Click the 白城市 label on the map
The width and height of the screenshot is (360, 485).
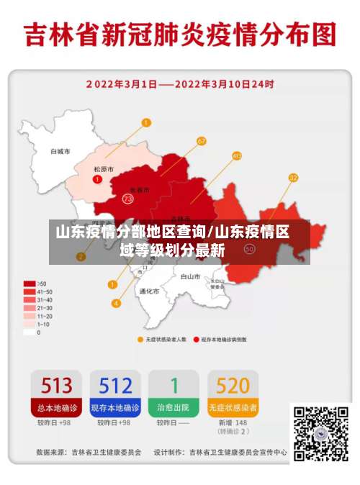click(60, 152)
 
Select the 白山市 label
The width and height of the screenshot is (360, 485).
click(190, 276)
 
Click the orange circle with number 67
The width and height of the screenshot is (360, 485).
click(201, 141)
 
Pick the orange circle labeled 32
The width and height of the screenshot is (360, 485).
click(293, 177)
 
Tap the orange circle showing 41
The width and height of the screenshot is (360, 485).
click(237, 155)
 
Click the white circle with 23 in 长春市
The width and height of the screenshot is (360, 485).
click(128, 198)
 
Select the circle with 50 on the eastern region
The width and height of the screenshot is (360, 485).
click(250, 249)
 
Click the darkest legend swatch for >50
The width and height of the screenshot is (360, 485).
click(30, 284)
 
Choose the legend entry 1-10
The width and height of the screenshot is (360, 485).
click(30, 324)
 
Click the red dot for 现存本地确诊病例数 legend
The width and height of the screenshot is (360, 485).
click(196, 338)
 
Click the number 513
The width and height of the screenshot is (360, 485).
click(56, 385)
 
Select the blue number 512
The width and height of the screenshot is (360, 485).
click(115, 385)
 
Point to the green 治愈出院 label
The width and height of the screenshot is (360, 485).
click(174, 407)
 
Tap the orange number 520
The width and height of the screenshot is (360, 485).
click(233, 385)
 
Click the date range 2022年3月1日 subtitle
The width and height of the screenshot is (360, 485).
click(179, 83)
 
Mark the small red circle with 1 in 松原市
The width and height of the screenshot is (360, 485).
click(97, 178)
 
